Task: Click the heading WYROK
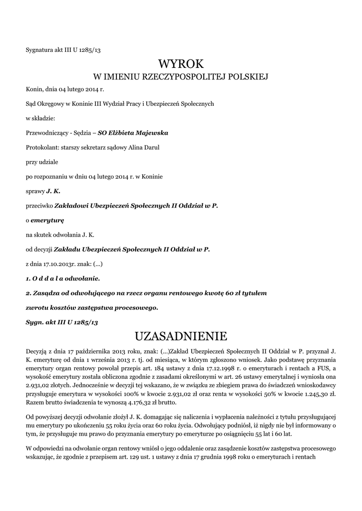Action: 181,63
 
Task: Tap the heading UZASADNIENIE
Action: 181,334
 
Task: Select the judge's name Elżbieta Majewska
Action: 133,133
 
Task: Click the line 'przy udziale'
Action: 40,162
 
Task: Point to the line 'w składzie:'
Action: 40,118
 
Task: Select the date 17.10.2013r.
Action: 57,263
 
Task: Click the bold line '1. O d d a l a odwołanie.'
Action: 62,277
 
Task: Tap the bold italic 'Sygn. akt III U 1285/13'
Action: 61,322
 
